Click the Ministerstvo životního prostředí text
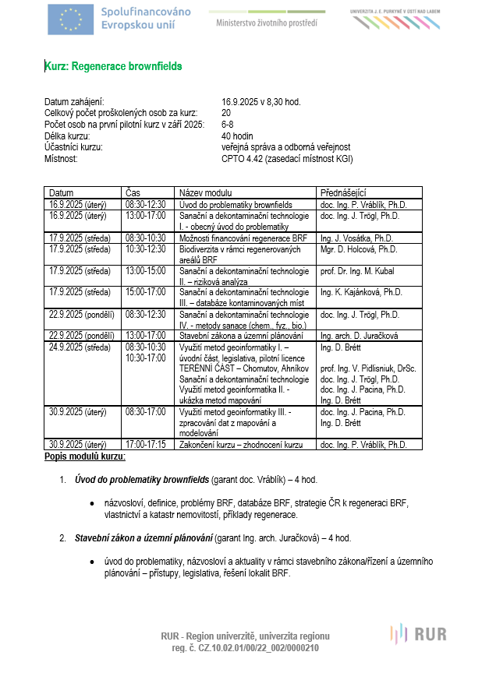[x=266, y=23]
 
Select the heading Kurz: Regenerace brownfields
[x=113, y=67]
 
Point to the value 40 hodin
[x=238, y=136]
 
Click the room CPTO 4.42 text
[x=287, y=158]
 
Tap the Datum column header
[x=62, y=192]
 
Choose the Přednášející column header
[x=343, y=192]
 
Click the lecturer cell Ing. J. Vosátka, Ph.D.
[x=357, y=238]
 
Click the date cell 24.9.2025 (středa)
[x=80, y=347]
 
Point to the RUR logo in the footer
[x=419, y=633]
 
